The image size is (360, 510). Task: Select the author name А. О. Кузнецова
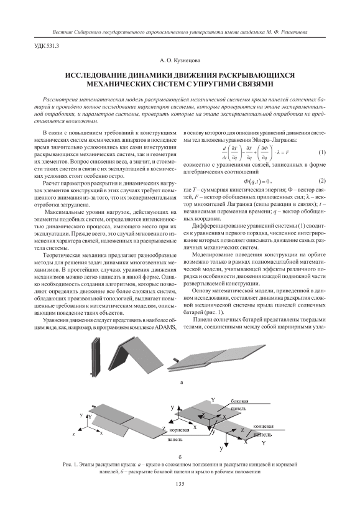180,60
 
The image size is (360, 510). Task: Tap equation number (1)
321,152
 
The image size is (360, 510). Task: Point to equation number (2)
321,180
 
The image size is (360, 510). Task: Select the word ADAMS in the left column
165,327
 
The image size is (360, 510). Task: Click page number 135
180,484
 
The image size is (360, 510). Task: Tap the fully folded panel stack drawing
95,357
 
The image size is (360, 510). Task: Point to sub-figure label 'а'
181,382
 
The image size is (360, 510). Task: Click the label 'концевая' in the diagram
263,426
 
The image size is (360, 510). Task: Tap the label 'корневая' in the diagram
179,430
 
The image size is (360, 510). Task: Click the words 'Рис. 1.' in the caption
70,465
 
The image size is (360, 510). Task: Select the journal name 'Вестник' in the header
62,32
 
